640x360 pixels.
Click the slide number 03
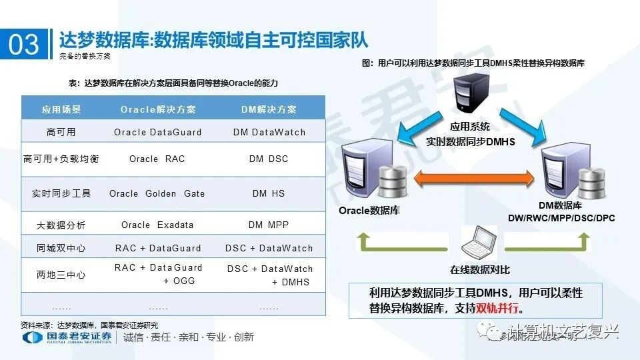click(24, 44)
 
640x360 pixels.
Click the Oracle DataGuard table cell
click(158, 132)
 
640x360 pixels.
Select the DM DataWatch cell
click(269, 132)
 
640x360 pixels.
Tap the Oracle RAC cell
click(157, 159)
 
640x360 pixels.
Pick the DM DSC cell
click(269, 159)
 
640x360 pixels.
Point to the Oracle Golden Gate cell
click(157, 193)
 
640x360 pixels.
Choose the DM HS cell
click(269, 193)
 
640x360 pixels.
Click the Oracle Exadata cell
click(157, 225)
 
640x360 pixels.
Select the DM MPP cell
click(269, 225)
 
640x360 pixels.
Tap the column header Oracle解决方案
click(158, 109)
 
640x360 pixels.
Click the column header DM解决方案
click(269, 109)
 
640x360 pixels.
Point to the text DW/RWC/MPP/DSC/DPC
click(561, 218)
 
